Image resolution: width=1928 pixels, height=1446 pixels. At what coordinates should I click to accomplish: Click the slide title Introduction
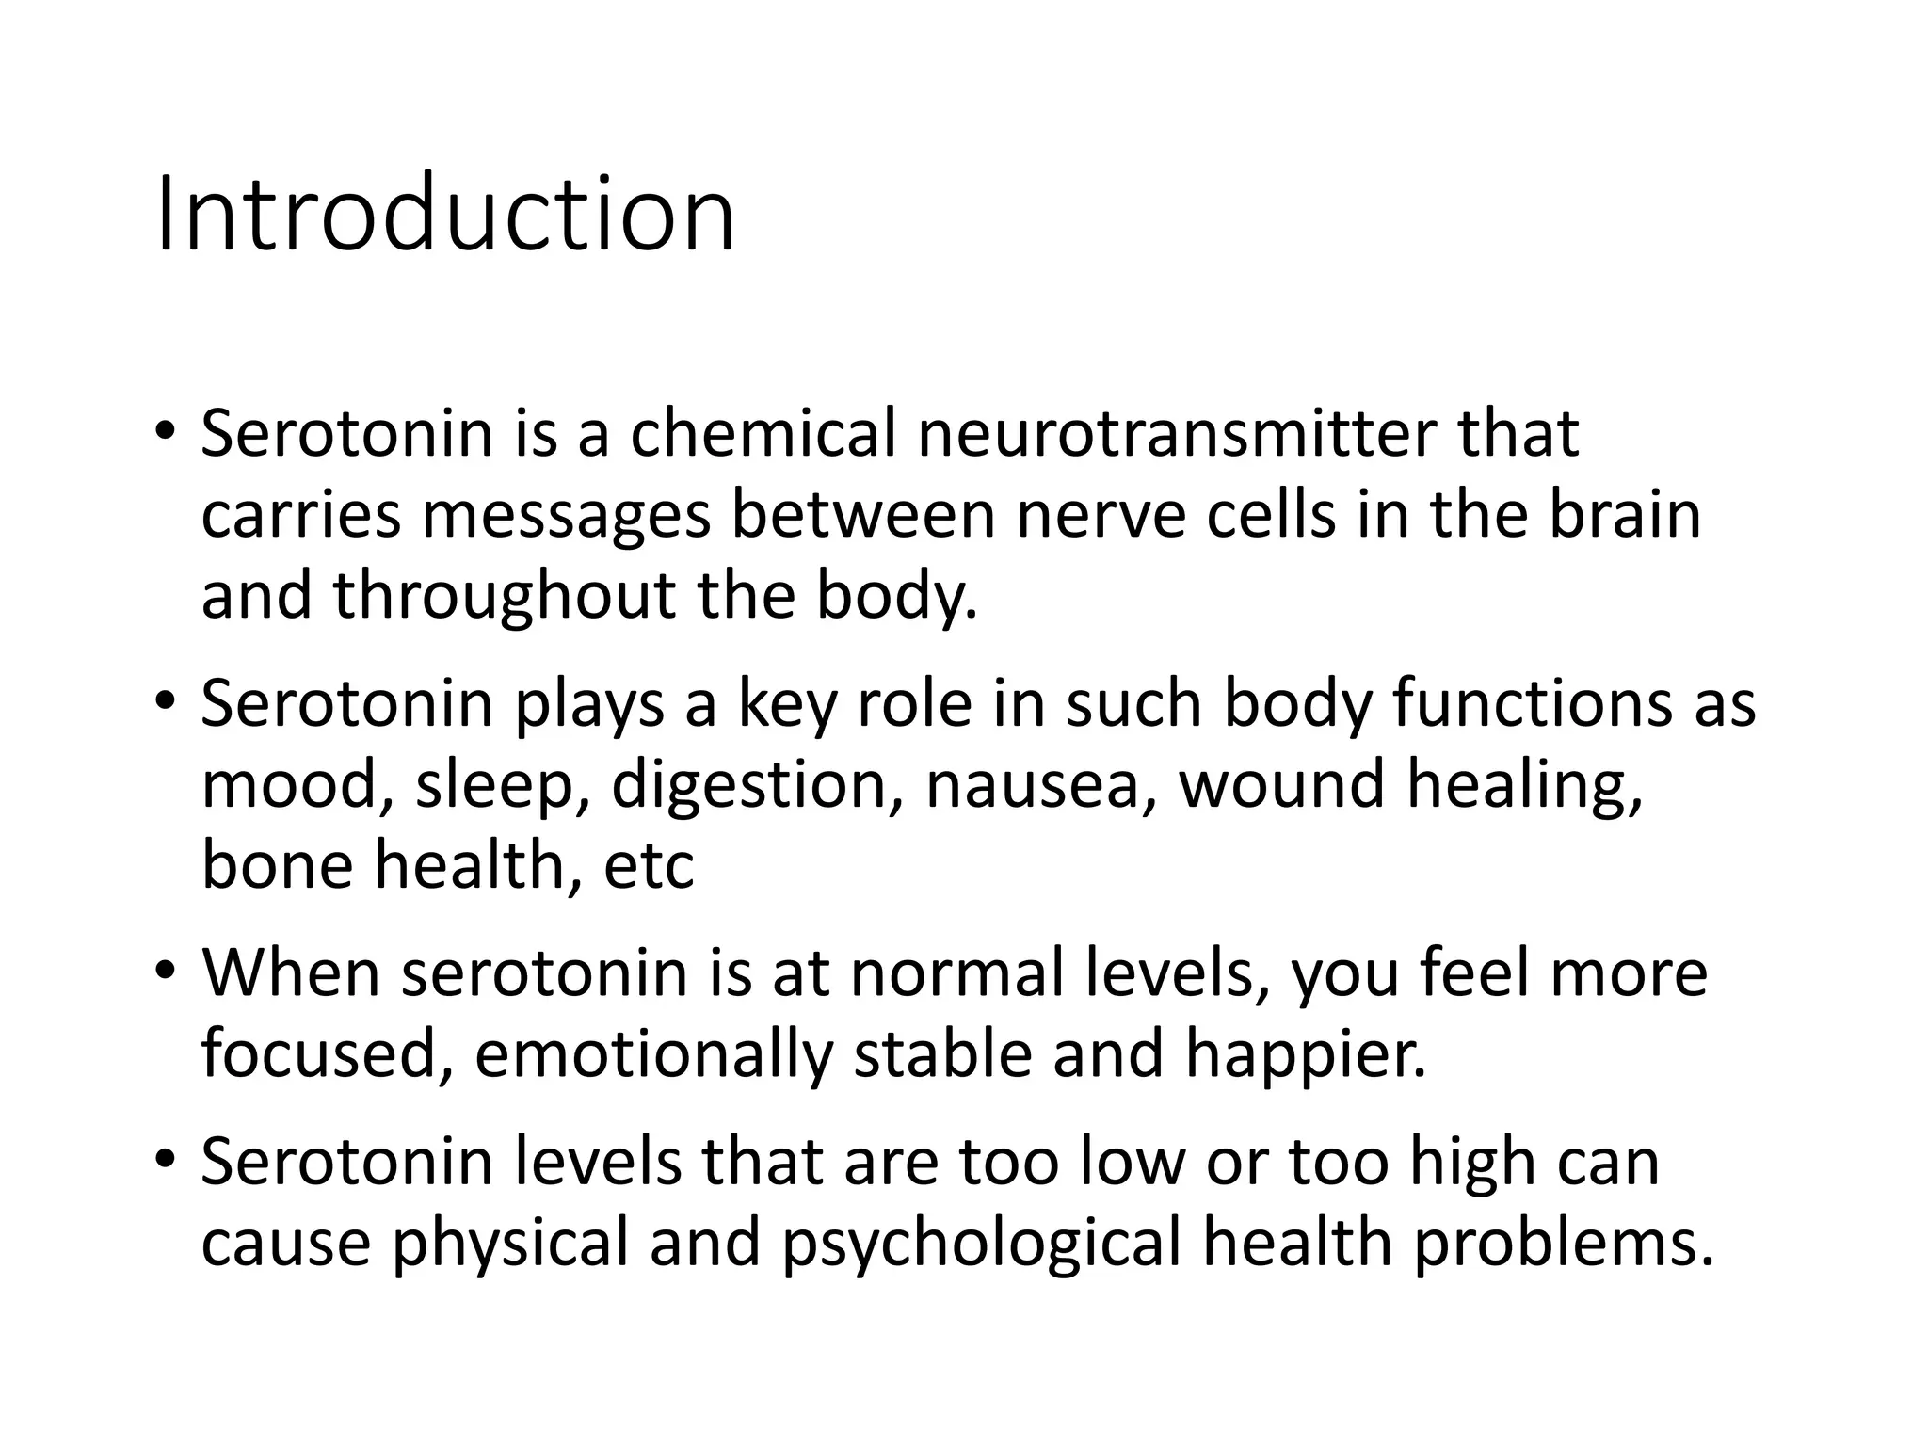(x=444, y=215)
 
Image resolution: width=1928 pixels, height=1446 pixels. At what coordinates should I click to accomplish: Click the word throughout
(x=505, y=596)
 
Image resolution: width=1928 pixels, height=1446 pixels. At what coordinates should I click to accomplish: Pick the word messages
(x=566, y=517)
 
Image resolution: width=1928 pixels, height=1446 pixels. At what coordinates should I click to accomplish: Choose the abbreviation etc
(x=649, y=867)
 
